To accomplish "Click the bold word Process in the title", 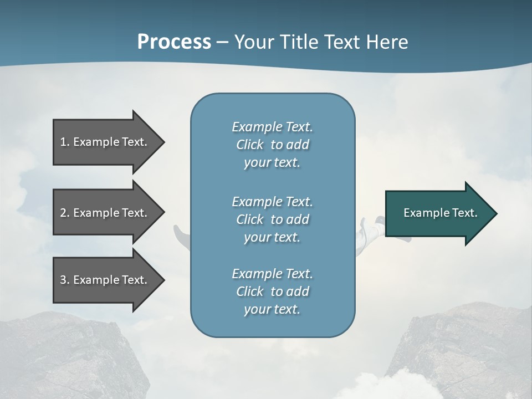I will (174, 42).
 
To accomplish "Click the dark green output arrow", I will (438, 213).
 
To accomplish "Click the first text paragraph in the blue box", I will (272, 145).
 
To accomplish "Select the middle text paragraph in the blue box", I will (272, 219).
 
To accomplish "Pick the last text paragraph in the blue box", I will (272, 291).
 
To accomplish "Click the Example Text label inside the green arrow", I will (440, 213).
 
